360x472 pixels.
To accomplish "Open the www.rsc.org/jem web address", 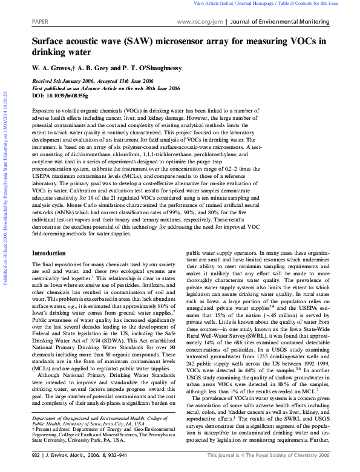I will point(199,21).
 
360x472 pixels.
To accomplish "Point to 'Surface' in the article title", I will point(51,42).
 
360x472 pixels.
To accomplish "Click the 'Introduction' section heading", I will point(48,269).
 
